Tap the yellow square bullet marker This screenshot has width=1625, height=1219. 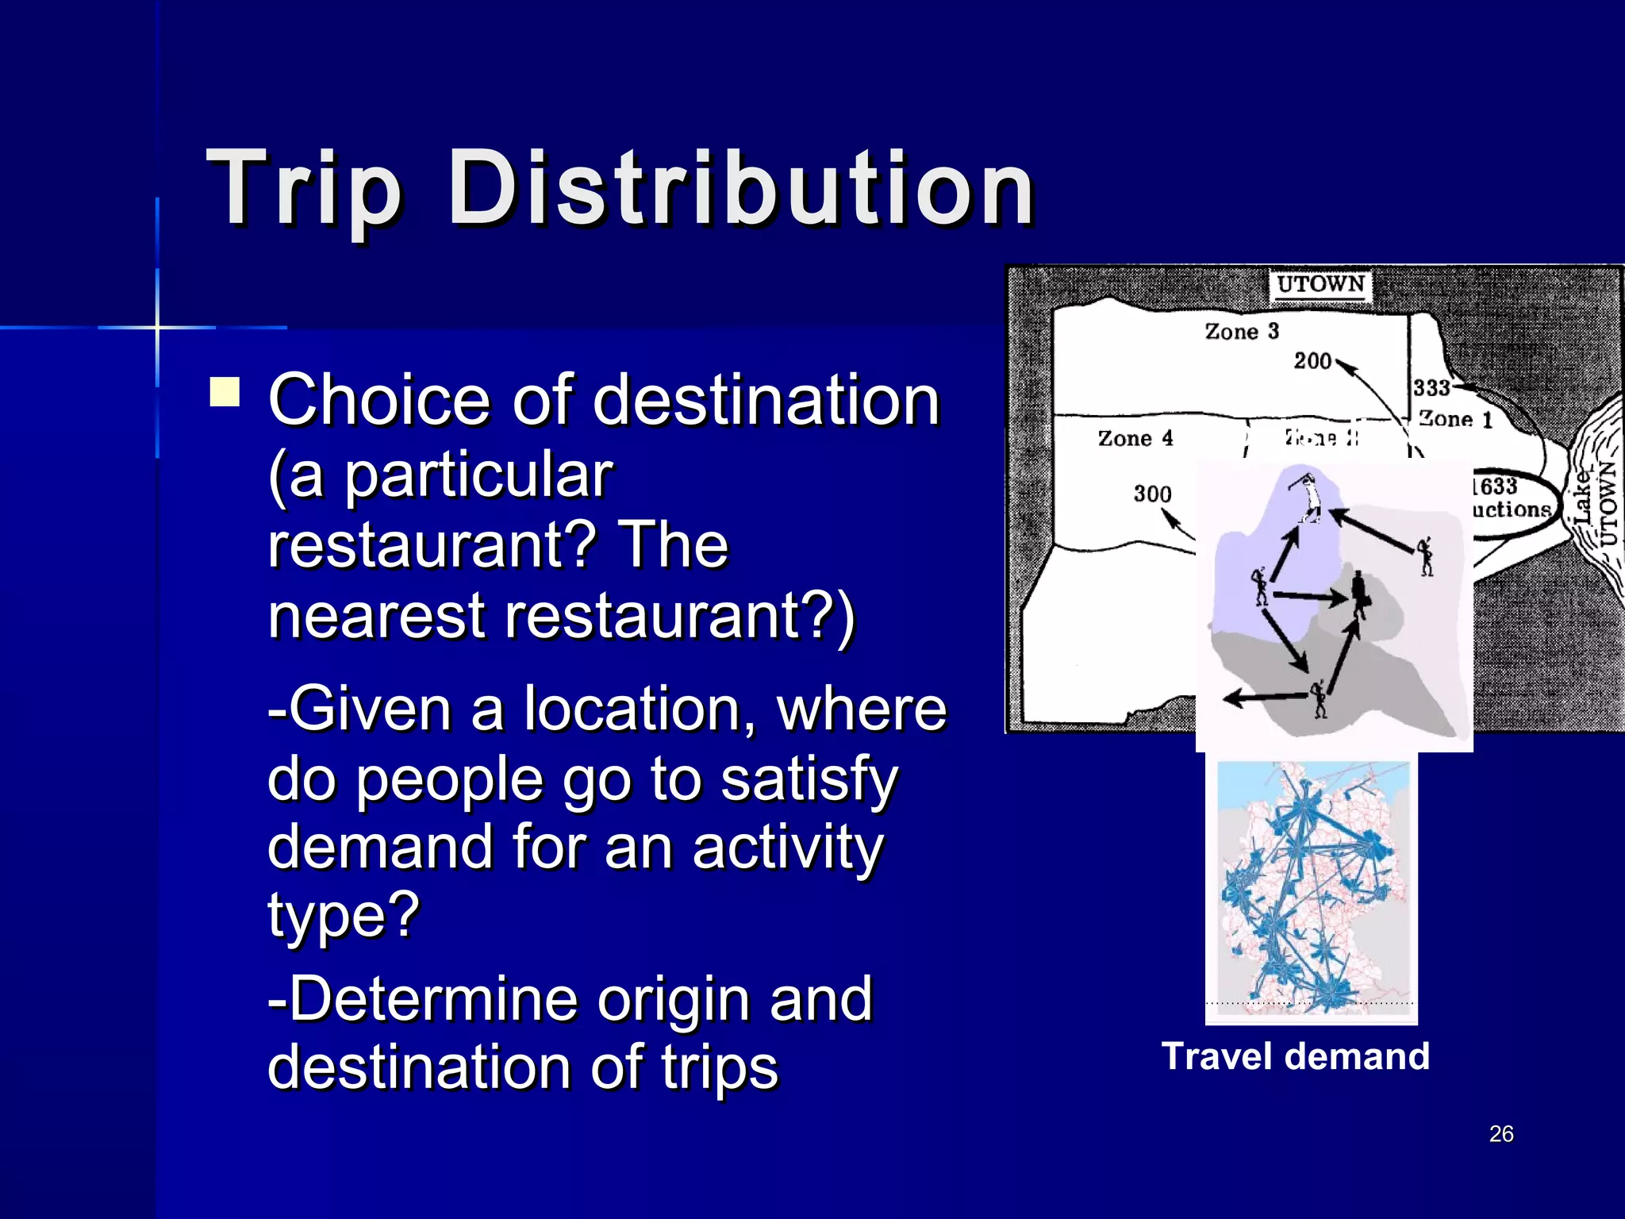[x=225, y=392]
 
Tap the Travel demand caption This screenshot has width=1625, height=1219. [x=1295, y=1057]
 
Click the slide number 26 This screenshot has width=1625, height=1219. [x=1501, y=1134]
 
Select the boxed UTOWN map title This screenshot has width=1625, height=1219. [x=1320, y=284]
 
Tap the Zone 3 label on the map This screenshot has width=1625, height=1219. [x=1242, y=331]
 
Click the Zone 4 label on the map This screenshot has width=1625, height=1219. [x=1135, y=438]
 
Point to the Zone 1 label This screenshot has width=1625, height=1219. [x=1455, y=418]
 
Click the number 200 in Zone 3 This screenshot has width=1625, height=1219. [x=1312, y=361]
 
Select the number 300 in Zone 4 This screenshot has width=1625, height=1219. [x=1152, y=494]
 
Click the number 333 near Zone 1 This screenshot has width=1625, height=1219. [x=1431, y=387]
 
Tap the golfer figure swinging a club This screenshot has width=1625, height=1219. [x=1307, y=496]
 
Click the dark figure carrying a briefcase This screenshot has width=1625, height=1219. [x=1359, y=594]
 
